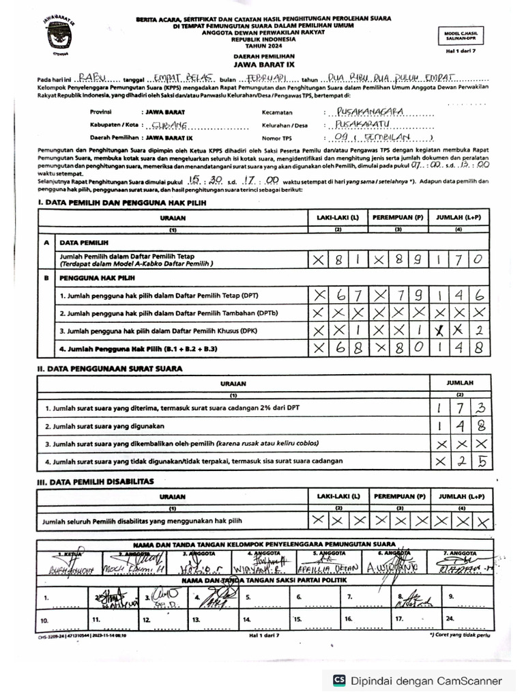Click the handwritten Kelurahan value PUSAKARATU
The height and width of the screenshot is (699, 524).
tap(371, 125)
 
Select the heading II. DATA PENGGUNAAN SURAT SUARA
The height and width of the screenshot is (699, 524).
tap(110, 369)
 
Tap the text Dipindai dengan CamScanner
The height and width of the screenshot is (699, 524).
tap(426, 681)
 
